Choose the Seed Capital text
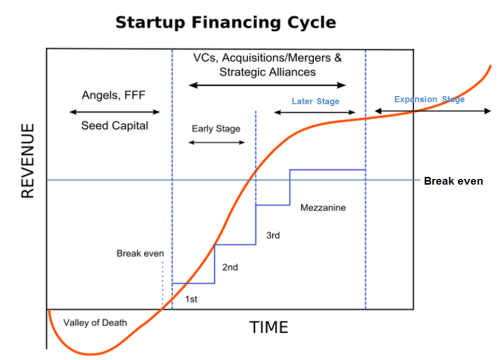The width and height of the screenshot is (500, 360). [114, 126]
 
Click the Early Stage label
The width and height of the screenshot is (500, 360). [216, 128]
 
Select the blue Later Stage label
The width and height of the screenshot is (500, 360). [315, 101]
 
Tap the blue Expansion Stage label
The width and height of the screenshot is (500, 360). [429, 99]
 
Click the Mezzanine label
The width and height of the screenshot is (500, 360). [323, 210]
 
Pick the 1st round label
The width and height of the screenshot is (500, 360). [192, 299]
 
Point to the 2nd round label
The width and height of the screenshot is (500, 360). [229, 268]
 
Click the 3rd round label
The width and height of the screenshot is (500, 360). [273, 235]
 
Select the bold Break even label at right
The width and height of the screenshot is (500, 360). [453, 181]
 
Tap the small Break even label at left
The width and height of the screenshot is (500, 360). [139, 254]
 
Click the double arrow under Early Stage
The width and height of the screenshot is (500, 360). [216, 144]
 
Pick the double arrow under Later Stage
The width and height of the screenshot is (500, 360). [315, 112]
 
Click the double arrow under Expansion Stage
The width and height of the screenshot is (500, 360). [429, 110]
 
